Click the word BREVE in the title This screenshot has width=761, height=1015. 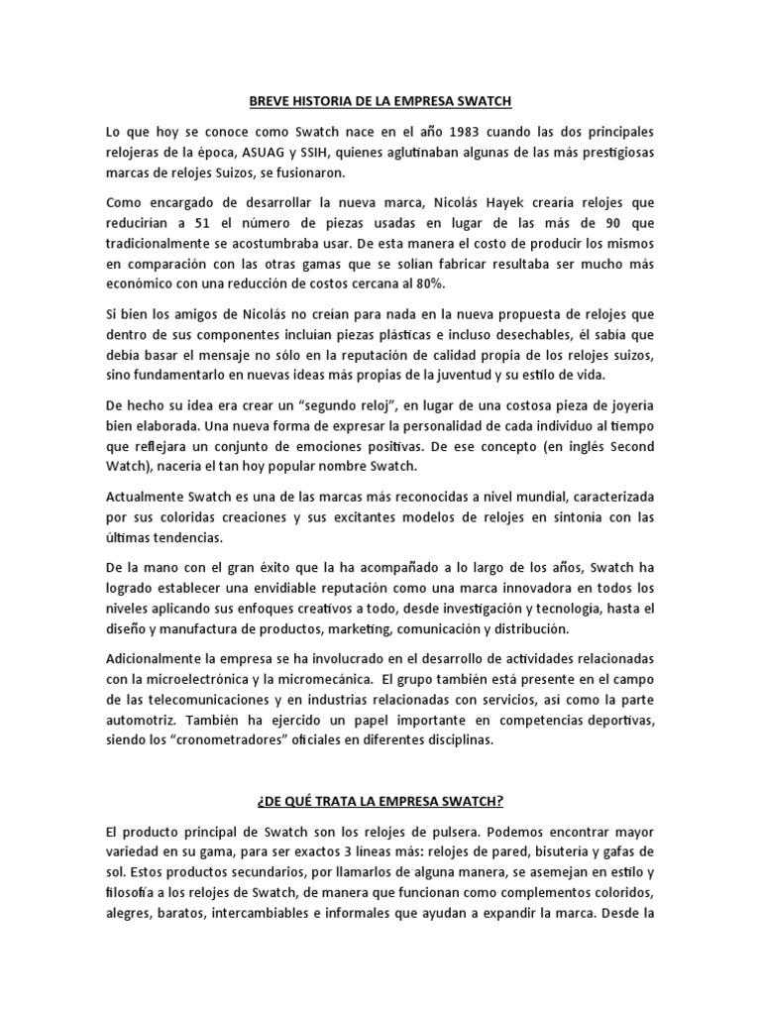pyautogui.click(x=268, y=101)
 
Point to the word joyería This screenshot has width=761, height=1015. pyautogui.click(x=624, y=406)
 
